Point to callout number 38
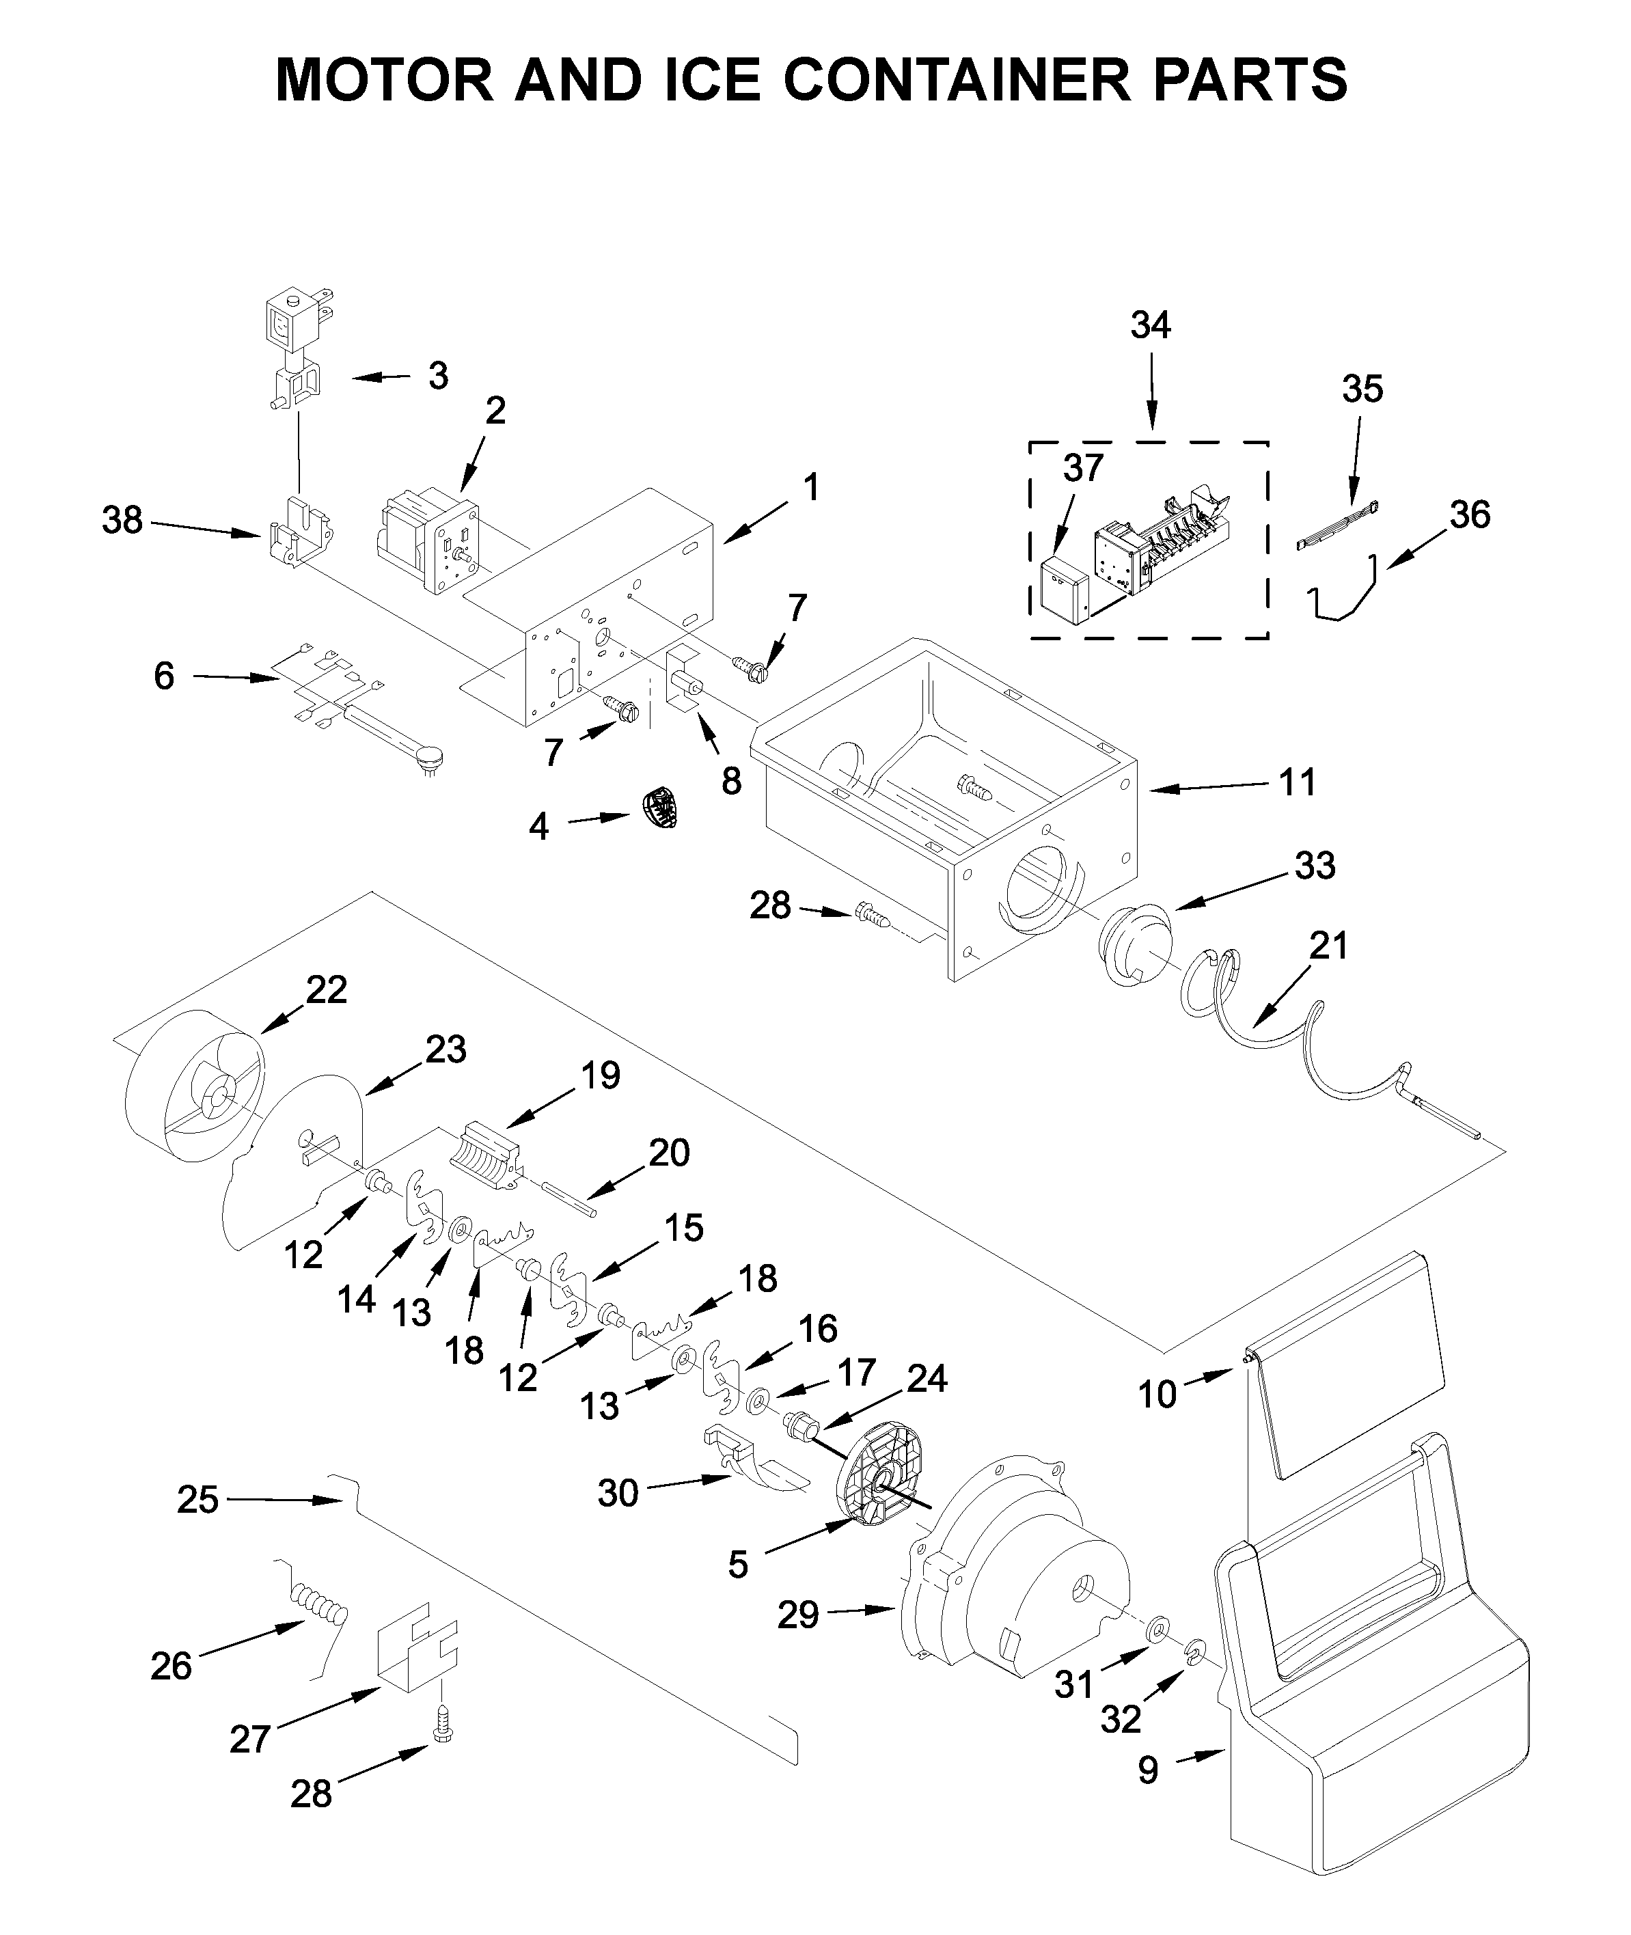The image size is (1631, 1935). coord(122,521)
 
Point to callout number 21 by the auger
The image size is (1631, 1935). coord(1329,946)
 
